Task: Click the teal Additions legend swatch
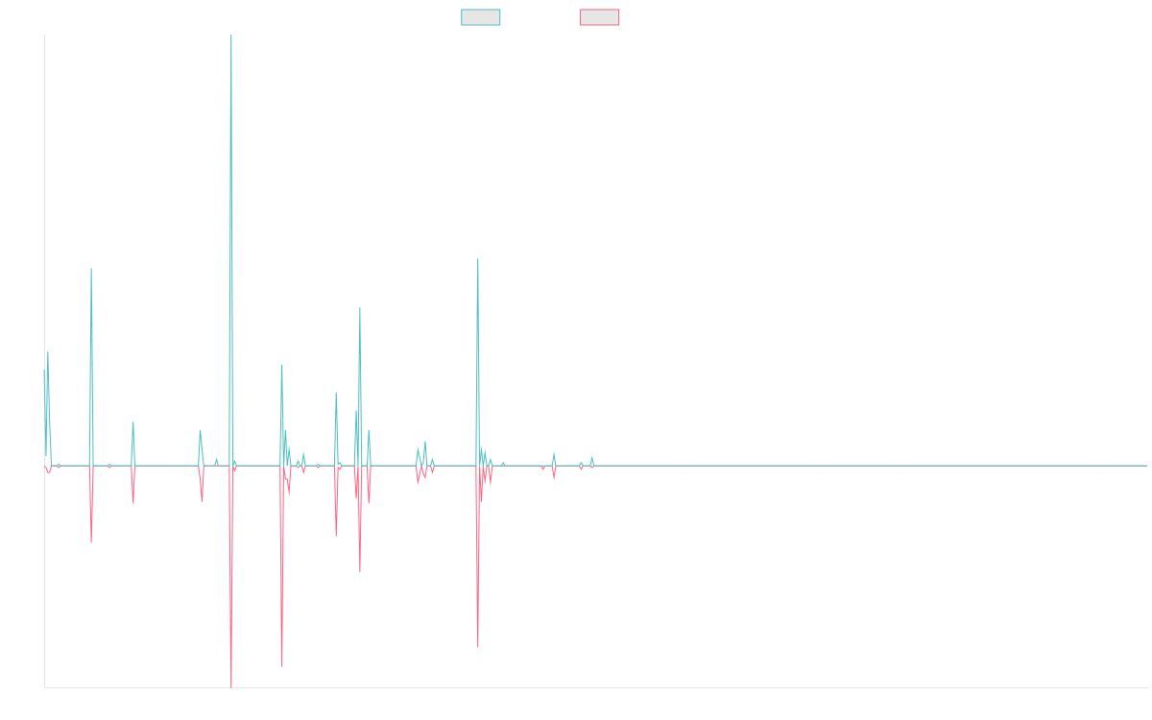481,17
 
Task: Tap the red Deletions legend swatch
600,17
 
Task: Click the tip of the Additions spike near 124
478,259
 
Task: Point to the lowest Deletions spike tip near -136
231,687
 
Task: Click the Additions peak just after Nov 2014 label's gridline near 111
91,269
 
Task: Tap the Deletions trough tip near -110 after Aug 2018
478,647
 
